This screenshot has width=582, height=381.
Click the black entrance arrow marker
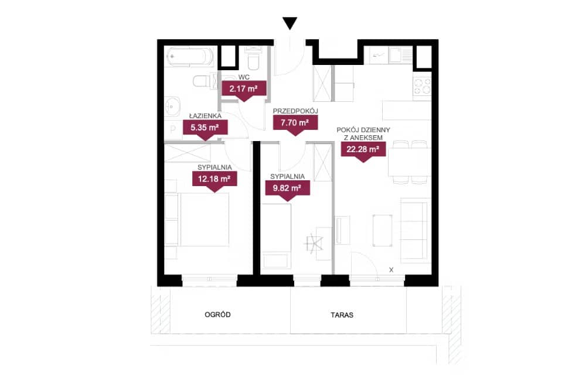(x=290, y=23)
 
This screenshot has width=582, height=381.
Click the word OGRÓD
(x=217, y=315)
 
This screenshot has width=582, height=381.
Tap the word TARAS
(x=342, y=315)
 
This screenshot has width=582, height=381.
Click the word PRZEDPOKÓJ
(x=295, y=111)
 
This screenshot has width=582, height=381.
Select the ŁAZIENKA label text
(x=205, y=116)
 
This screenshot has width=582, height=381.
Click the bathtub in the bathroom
(x=189, y=57)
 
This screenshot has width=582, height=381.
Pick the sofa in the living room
(x=413, y=230)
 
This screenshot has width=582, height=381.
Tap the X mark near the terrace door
(x=391, y=270)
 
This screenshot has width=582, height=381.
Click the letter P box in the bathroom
(x=173, y=130)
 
